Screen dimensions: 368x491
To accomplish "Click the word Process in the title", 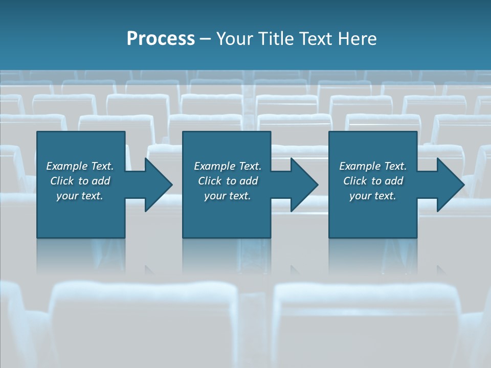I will pos(161,39).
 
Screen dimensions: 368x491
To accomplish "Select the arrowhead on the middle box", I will pos(304,185).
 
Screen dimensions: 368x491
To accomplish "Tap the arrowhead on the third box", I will pos(450,185).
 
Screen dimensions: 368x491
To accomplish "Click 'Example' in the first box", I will pos(66,166).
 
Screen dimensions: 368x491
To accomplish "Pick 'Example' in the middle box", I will pos(214,166).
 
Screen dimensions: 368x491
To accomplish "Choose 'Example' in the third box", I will pos(360,166).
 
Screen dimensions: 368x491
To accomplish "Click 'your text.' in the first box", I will pos(80,196).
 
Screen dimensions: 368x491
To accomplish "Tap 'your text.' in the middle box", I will pos(228,196).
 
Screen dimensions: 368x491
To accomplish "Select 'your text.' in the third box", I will pos(373,196).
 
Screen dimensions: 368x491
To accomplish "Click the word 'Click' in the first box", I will pos(62,181).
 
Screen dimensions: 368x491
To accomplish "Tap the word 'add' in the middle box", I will pos(249,181).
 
